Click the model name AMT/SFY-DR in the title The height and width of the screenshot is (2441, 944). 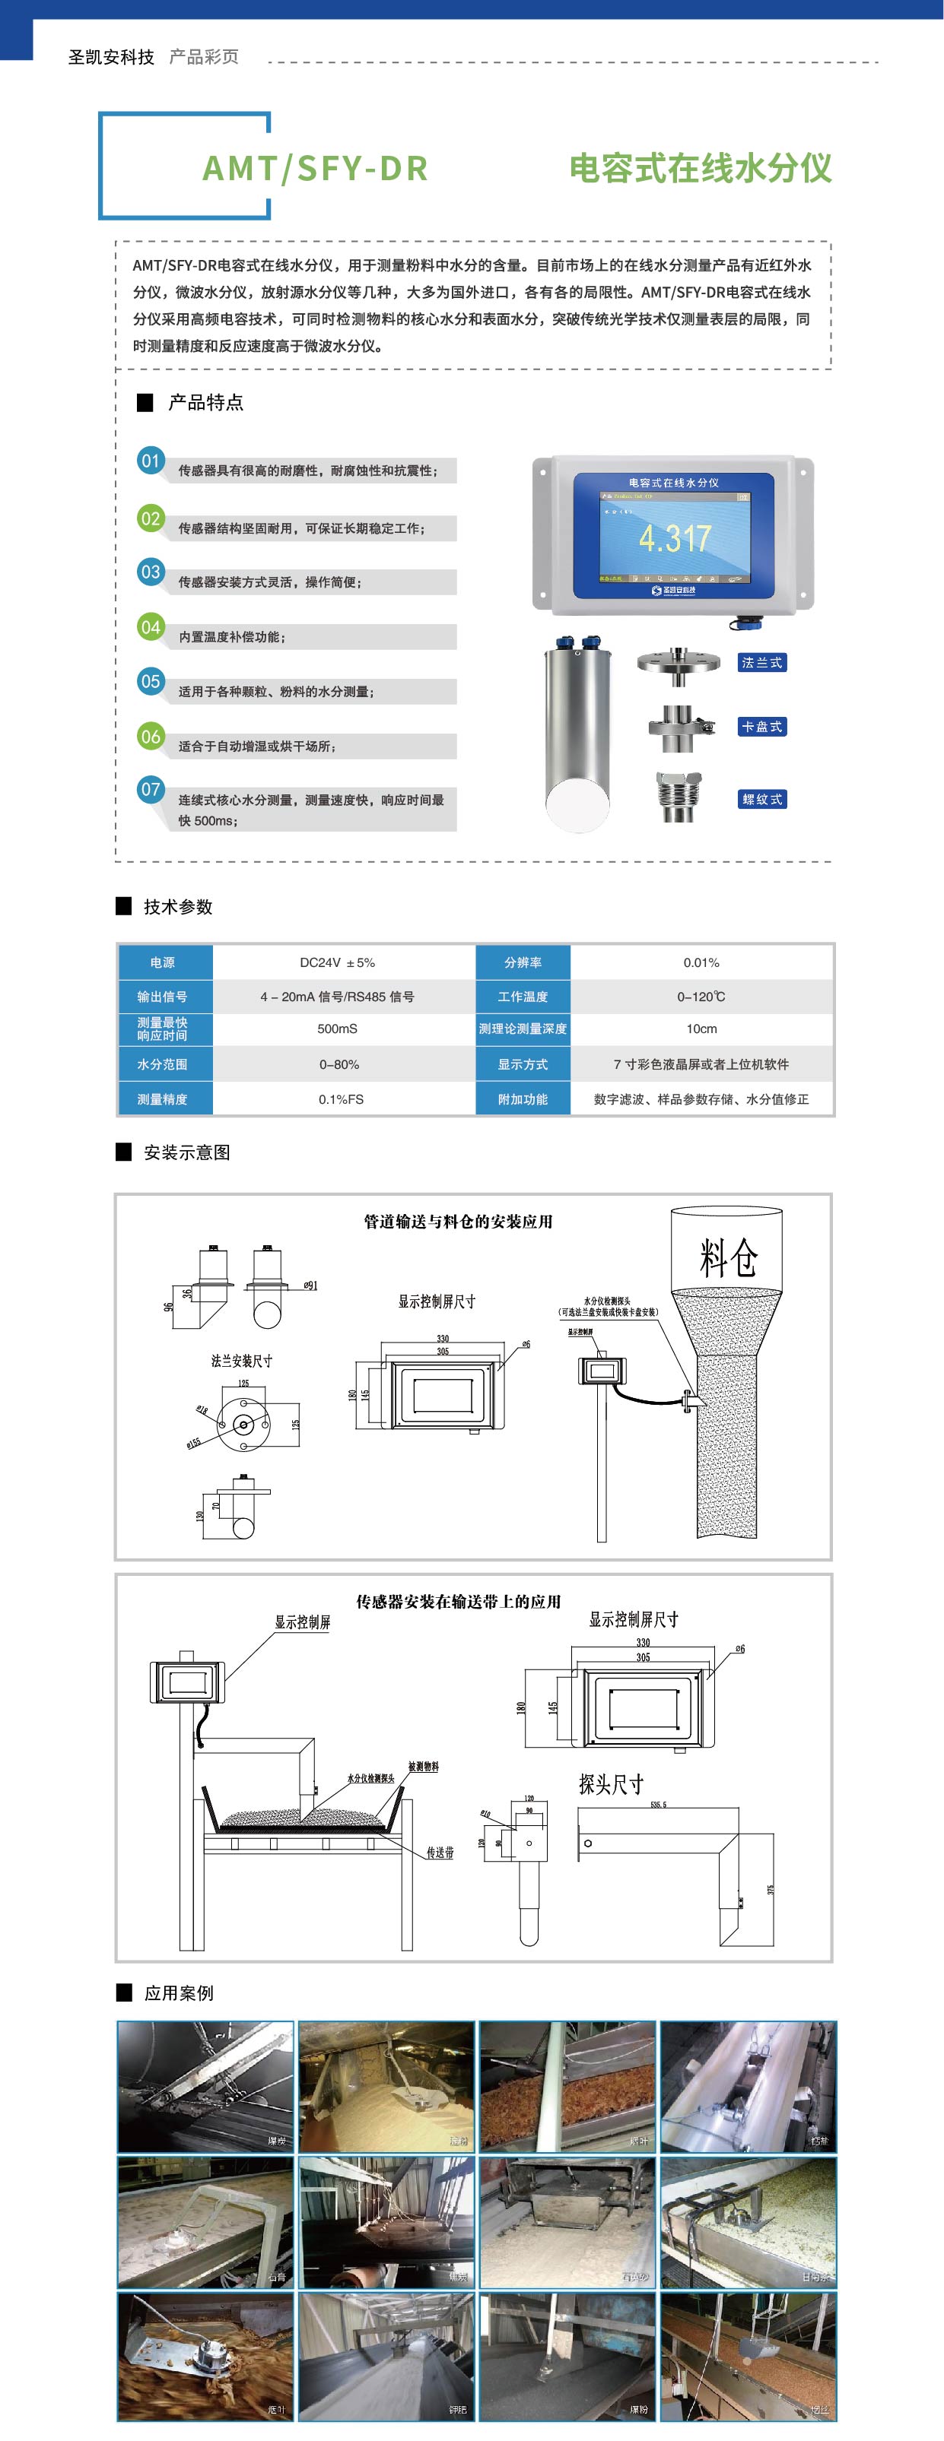coord(315,168)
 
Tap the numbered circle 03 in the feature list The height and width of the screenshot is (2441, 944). coord(151,572)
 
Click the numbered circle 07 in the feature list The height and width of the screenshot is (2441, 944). coord(151,788)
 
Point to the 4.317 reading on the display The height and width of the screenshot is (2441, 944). coord(674,538)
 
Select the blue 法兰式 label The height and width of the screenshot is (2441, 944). coord(761,662)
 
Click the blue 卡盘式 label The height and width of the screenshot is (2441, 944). coord(761,727)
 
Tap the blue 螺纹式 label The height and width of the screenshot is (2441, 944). coord(761,799)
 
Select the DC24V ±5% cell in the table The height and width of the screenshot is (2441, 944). coord(338,962)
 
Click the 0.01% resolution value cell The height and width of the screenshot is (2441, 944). coord(701,962)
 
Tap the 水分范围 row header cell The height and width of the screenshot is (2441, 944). coord(162,1064)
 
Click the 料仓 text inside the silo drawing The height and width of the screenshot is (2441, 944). coord(728,1257)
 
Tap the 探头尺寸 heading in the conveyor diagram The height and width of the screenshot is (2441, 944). coord(612,1785)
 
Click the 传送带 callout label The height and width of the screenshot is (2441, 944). coord(440,1853)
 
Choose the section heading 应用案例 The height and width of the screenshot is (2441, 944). coord(178,1992)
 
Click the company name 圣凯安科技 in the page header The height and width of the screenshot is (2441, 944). coord(111,57)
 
